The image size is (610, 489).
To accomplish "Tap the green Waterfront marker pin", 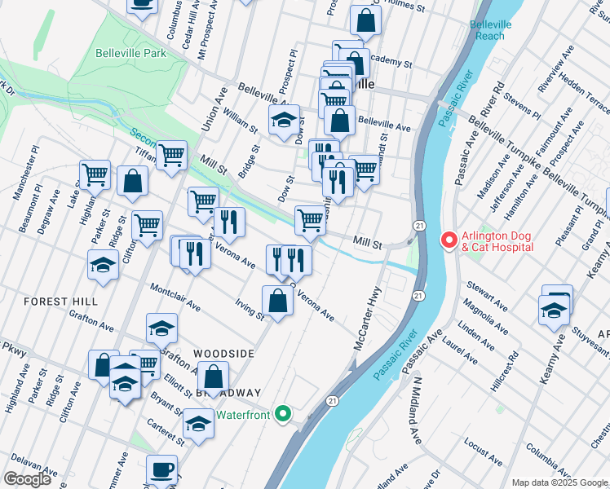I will tap(283, 414).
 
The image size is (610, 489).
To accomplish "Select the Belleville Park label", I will tap(130, 53).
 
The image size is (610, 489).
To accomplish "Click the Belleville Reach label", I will tap(492, 30).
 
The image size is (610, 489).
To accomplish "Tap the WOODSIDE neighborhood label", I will tap(224, 354).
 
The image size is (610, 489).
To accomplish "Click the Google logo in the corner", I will tap(27, 479).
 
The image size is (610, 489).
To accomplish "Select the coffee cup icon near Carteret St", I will tap(161, 469).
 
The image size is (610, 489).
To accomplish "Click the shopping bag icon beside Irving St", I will tap(278, 301).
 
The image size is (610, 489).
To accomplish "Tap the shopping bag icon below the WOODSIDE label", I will tap(213, 377).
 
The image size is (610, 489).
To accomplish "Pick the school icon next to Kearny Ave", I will tap(555, 311).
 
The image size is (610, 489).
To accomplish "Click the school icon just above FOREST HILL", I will tap(104, 265).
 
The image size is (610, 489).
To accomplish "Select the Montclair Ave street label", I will tap(175, 297).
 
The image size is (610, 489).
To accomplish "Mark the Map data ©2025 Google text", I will tap(559, 482).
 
